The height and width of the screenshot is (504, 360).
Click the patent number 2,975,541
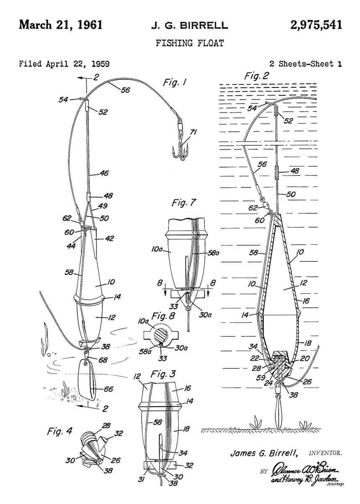tap(316, 25)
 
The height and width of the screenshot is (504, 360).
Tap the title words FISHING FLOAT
tap(190, 43)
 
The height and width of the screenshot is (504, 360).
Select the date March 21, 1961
tap(60, 25)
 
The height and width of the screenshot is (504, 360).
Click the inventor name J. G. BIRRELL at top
tap(189, 26)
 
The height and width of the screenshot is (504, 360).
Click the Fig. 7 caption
tap(184, 202)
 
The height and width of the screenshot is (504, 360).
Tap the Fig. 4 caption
tap(60, 431)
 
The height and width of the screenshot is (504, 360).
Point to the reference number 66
tap(108, 388)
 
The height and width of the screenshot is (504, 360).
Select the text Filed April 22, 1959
tap(64, 64)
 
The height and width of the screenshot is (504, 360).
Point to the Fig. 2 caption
tap(257, 76)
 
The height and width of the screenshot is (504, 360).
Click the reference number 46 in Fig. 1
tap(104, 173)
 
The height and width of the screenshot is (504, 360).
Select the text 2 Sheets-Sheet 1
tap(305, 64)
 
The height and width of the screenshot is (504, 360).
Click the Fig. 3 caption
tap(163, 374)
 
